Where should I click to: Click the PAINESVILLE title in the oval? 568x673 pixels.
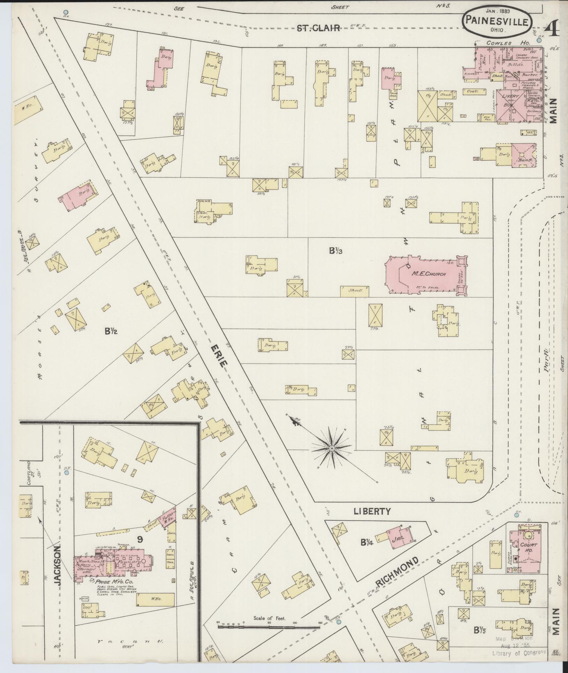point(498,22)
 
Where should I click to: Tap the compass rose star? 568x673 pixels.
point(332,448)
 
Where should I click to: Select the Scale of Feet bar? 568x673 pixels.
point(269,627)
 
